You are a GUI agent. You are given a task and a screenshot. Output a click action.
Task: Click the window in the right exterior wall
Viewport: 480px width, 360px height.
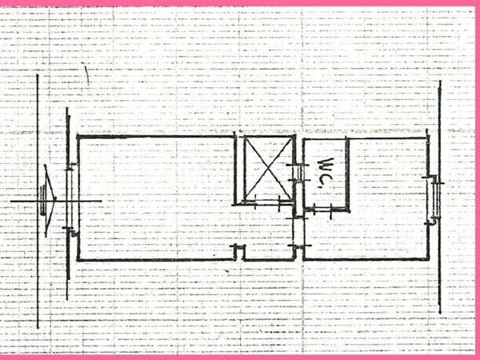435,198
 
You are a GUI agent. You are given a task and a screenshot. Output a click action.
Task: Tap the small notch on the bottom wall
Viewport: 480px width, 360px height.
239,252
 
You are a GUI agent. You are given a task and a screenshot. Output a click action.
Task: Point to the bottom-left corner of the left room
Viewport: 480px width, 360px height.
78,260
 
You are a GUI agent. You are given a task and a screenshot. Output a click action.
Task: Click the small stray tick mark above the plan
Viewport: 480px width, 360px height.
86,77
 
